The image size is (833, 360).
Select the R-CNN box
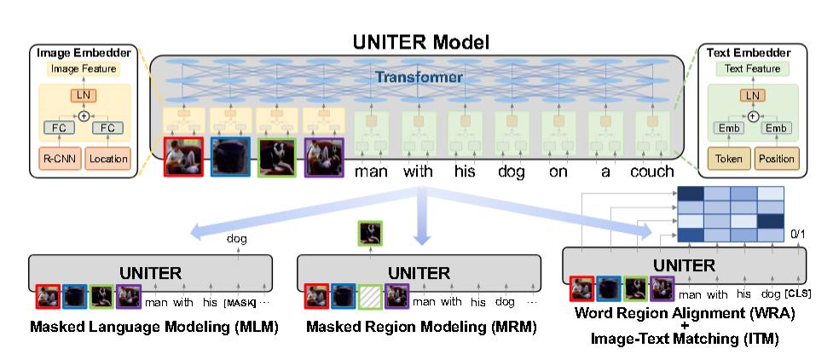[56, 159]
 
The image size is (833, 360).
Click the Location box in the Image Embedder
[107, 159]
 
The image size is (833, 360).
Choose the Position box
[776, 159]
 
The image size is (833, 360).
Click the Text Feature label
[752, 68]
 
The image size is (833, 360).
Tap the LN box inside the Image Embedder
[82, 94]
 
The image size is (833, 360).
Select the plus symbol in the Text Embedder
[753, 113]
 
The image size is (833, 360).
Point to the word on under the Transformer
[558, 171]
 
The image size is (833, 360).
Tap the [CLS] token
[798, 294]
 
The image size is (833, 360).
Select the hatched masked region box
[370, 296]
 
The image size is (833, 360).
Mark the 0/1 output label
[798, 231]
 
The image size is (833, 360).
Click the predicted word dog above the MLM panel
[237, 240]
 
